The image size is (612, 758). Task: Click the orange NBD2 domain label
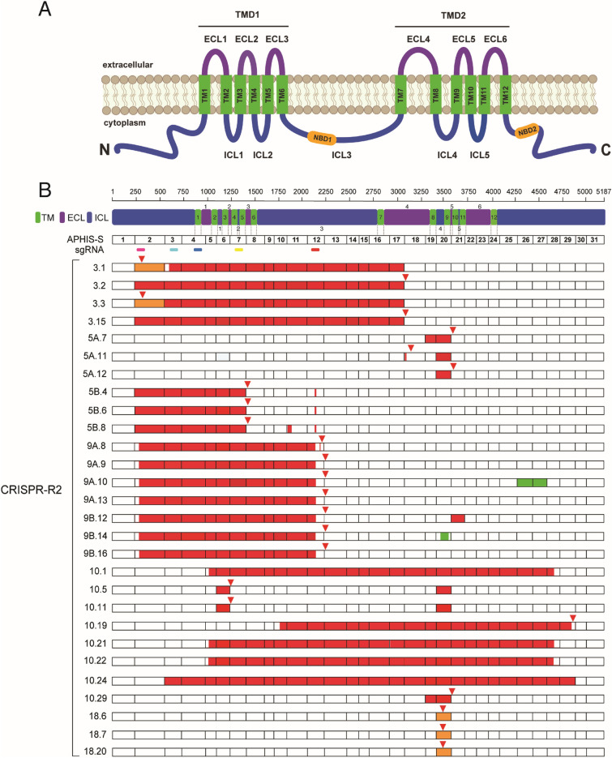click(528, 130)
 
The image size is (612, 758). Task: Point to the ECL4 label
click(422, 38)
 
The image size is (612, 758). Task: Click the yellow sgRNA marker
click(238, 250)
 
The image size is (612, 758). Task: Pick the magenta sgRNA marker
click(141, 250)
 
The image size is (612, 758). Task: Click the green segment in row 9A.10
click(532, 482)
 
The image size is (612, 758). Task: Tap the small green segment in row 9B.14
click(444, 536)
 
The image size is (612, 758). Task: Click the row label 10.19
click(96, 625)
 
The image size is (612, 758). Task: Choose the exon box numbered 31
click(594, 239)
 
